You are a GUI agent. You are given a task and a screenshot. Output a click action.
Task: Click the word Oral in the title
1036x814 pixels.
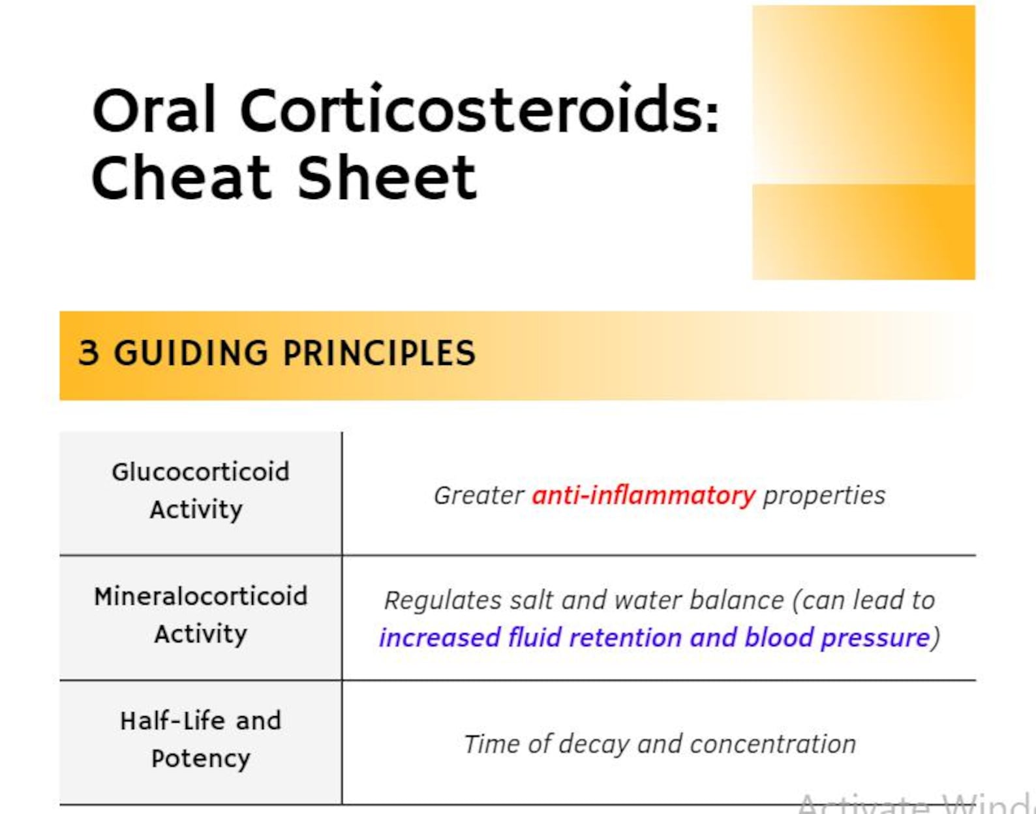point(154,111)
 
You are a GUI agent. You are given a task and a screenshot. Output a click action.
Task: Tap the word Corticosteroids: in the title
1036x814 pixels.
point(480,111)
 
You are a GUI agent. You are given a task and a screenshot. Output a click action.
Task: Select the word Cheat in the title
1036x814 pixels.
point(181,178)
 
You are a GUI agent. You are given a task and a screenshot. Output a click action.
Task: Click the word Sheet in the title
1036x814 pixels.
point(387,178)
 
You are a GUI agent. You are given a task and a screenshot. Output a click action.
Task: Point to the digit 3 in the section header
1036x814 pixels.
point(89,353)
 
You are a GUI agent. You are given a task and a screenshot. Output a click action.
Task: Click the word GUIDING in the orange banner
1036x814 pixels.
point(191,353)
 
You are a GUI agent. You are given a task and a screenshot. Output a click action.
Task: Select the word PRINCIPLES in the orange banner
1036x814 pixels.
point(379,353)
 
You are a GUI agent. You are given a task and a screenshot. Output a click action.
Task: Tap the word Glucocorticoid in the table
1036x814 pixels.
point(200,472)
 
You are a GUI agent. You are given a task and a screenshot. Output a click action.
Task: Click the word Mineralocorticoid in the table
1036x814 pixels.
point(200,597)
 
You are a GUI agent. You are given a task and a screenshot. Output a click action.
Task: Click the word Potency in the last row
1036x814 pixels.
point(200,759)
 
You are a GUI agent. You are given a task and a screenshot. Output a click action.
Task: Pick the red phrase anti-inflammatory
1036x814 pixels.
point(643,495)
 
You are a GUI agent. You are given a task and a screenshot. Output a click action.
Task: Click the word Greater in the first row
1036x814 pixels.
point(479,495)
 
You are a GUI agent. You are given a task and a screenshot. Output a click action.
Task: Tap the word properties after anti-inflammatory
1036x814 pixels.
point(824,495)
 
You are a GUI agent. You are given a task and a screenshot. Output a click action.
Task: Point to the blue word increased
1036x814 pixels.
point(439,638)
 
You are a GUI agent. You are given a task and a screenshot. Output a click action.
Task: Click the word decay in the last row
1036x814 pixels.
point(593,744)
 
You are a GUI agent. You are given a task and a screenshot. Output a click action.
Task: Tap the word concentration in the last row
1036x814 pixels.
point(772,744)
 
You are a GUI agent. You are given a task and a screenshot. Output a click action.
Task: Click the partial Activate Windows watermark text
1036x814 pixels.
point(913,805)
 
